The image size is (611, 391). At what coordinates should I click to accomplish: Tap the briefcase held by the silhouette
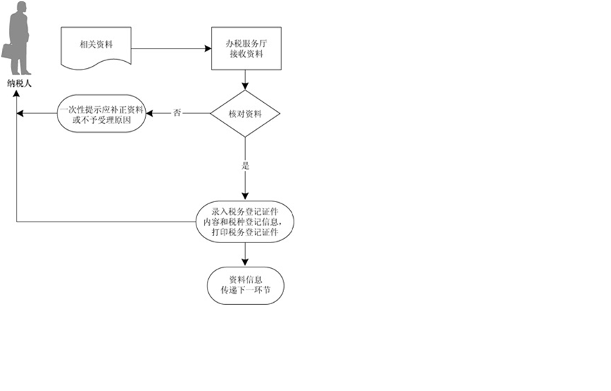point(8,50)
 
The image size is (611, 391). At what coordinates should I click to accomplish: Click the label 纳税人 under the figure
point(19,83)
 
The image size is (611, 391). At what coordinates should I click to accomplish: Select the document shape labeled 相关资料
point(97,47)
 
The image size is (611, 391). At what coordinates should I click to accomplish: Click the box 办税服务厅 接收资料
point(246,49)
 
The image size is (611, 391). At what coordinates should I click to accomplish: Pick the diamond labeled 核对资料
point(245,113)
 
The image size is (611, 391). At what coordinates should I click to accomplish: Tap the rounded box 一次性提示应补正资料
point(101,114)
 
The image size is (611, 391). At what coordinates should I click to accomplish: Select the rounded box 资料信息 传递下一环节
point(245,285)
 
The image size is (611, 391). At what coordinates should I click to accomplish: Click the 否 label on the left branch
point(177,113)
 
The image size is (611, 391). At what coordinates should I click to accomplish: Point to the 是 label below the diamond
point(245,167)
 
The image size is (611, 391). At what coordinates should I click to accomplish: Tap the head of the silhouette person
point(22,8)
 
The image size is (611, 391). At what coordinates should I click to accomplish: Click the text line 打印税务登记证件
point(245,233)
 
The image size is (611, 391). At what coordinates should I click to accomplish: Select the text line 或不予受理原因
point(101,119)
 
